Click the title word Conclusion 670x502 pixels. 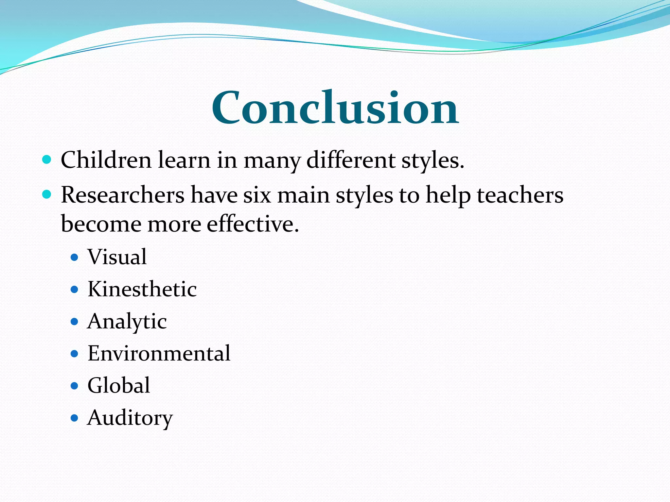click(x=335, y=108)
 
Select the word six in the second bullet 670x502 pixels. click(x=257, y=195)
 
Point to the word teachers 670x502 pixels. click(x=520, y=195)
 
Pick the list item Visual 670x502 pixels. click(x=117, y=257)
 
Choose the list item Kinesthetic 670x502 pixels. click(x=142, y=289)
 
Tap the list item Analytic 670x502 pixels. click(x=127, y=322)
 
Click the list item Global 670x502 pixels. click(x=119, y=386)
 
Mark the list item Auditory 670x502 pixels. click(x=130, y=418)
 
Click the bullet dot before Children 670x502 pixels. click(x=47, y=160)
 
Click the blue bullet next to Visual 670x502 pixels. click(x=75, y=258)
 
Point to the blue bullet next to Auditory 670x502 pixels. click(x=75, y=418)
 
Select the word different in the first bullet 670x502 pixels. click(x=351, y=160)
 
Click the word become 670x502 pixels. click(x=101, y=224)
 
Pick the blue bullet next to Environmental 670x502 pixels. click(x=75, y=354)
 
